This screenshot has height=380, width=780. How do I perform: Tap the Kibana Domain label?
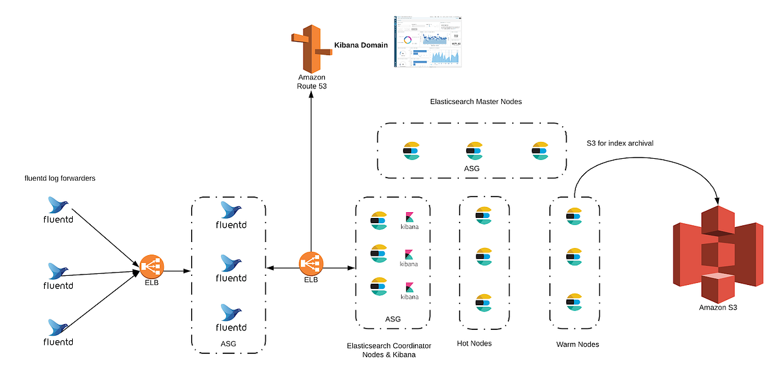click(361, 46)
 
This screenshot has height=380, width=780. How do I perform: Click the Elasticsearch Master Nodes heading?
click(476, 102)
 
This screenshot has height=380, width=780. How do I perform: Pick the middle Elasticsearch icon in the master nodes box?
click(474, 151)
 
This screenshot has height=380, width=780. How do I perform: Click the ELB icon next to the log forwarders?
click(151, 265)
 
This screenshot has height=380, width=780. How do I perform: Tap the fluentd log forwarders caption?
click(60, 178)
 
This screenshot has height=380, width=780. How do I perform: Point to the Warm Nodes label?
click(577, 344)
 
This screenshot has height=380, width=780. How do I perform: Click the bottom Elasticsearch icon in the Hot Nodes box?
click(483, 303)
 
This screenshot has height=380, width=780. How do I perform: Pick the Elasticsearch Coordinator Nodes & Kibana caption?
click(389, 349)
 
